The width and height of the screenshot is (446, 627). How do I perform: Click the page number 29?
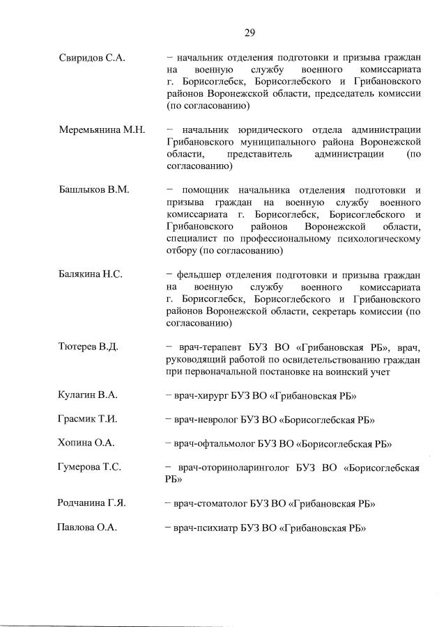(249, 32)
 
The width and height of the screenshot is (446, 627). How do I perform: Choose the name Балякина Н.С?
(91, 274)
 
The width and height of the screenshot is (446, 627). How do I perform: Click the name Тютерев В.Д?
(89, 347)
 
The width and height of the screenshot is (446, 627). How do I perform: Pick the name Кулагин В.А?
(87, 395)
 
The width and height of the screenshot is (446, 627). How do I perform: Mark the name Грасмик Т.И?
(87, 419)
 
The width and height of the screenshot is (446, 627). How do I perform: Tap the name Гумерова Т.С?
(90, 467)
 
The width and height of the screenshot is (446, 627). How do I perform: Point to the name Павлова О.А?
(86, 527)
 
